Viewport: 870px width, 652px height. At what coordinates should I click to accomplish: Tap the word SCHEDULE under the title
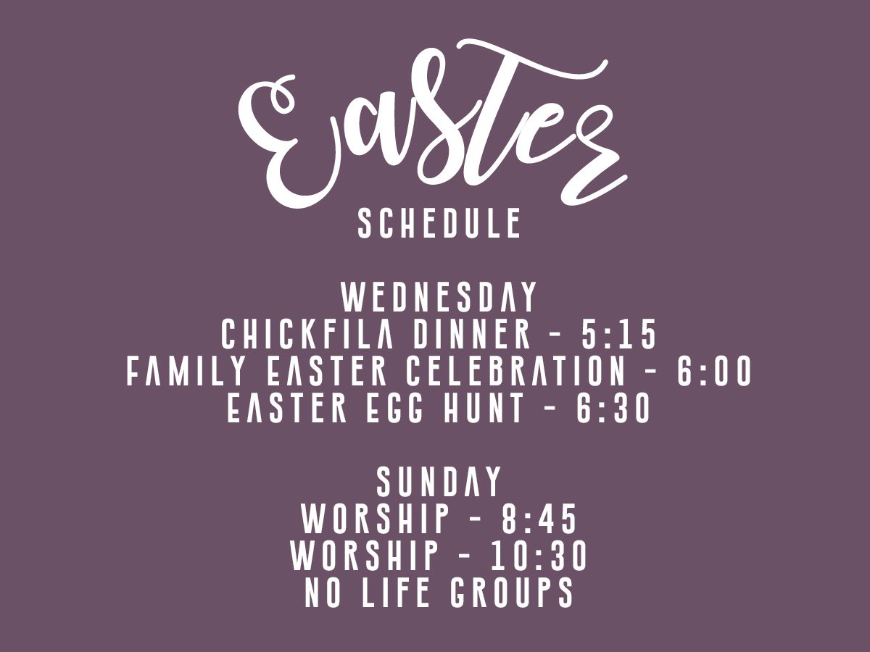(x=439, y=224)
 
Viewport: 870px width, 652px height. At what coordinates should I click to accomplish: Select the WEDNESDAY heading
(x=439, y=298)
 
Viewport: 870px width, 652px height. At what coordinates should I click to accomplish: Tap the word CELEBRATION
(x=515, y=372)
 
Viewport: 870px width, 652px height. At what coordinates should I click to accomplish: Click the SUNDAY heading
(x=439, y=482)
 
